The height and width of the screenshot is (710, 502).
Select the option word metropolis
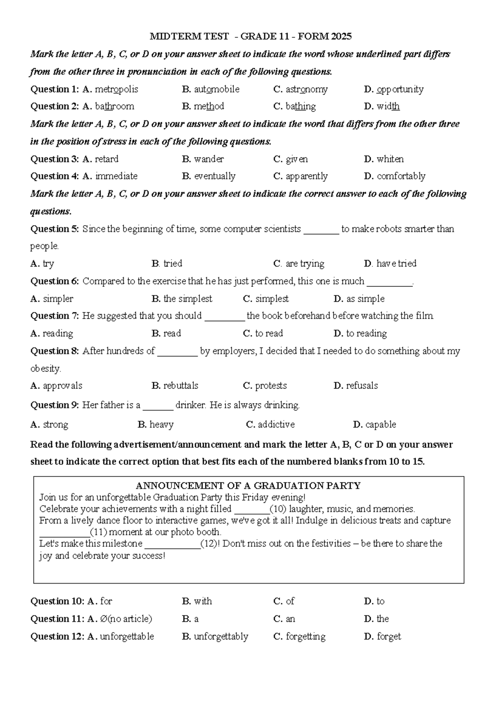(116, 89)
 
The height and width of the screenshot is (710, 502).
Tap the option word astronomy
(306, 89)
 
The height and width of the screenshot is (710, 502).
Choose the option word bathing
(300, 106)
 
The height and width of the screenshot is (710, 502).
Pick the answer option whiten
(390, 159)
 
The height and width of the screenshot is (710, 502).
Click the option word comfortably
(401, 176)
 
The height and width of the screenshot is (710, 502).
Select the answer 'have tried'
(396, 264)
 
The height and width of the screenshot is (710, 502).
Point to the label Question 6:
(54, 281)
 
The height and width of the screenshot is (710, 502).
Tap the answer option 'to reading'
(366, 334)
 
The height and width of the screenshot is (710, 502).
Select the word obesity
(46, 369)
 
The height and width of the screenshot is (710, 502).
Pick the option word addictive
(276, 424)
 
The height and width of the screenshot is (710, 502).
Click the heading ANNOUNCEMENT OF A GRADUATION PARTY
(248, 486)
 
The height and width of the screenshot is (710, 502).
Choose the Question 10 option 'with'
(202, 602)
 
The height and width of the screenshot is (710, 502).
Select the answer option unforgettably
(221, 637)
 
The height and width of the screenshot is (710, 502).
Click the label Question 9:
(54, 405)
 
